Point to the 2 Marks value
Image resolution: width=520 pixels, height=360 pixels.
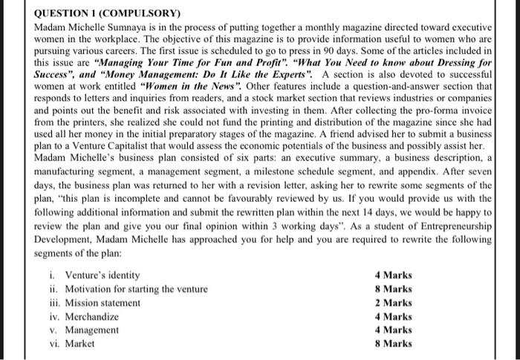[x=394, y=303]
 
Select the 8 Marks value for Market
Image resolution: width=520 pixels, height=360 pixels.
[x=394, y=343]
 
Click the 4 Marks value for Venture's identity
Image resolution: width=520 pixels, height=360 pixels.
[x=394, y=275]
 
